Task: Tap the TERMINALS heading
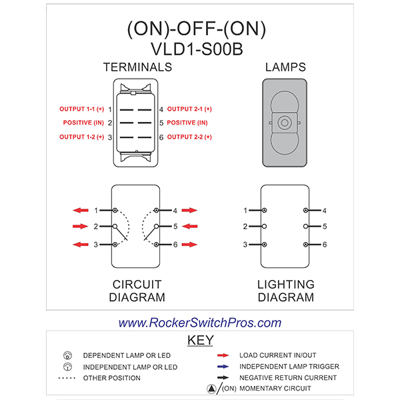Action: click(137, 67)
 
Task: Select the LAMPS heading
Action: click(285, 67)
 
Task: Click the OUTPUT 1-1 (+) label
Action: click(81, 109)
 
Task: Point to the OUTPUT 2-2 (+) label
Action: click(189, 137)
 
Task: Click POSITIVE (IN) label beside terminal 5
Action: click(187, 123)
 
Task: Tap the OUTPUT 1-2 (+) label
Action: click(81, 137)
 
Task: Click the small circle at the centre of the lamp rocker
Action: click(285, 123)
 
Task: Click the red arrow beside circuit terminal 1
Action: click(81, 210)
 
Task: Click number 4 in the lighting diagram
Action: click(324, 211)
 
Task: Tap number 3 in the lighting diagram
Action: click(245, 245)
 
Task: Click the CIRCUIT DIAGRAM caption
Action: click(137, 291)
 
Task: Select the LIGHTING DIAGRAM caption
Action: click(285, 291)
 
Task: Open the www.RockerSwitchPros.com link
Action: click(200, 323)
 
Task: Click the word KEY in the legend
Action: click(200, 341)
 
